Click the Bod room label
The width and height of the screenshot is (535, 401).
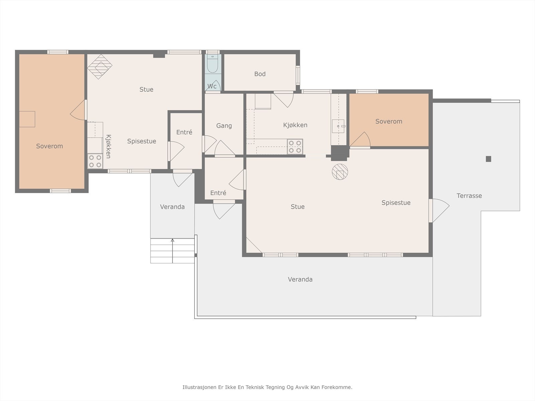pos(260,74)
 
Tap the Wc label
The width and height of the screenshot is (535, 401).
pos(212,86)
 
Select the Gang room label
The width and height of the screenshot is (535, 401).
pos(224,126)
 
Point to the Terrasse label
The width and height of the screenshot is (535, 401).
pos(469,196)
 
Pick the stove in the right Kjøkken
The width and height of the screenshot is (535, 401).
pos(295,147)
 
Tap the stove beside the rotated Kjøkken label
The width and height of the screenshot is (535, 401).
pos(95,161)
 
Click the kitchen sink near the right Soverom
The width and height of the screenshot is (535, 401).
pos(338,126)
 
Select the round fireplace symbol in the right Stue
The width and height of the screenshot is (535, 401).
pos(340,172)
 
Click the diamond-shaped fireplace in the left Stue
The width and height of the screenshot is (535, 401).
pos(100,67)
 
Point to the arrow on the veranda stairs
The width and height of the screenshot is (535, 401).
pos(173,251)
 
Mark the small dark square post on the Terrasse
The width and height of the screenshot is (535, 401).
pos(489,159)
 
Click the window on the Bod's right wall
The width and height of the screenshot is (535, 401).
pos(298,75)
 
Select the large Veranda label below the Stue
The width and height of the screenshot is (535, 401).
pos(300,279)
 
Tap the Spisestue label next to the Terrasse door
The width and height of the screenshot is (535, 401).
pos(396,203)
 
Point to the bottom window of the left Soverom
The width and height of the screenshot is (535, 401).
pos(61,191)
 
